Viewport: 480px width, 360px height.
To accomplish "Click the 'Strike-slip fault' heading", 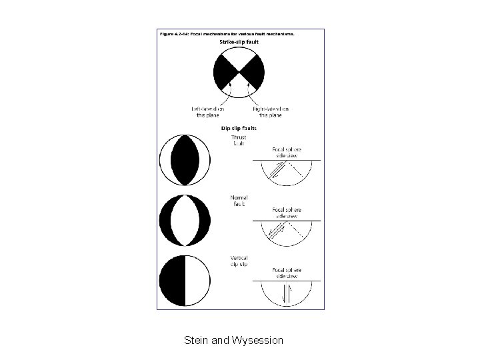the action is pos(239,42).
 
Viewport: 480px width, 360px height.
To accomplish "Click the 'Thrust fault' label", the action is pos(239,140).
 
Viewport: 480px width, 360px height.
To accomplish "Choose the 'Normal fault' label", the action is pos(239,201).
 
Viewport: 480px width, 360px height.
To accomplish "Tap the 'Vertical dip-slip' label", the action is pos(239,261).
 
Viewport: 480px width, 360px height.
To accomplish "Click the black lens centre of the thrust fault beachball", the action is pos(185,160).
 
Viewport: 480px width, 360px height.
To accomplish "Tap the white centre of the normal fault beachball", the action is pos(185,220).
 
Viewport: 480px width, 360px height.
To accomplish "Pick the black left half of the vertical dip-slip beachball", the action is pos(172,280).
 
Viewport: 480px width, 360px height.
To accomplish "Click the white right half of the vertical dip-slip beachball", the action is pos(197,280).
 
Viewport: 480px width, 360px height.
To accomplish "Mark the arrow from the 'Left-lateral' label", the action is pos(229,90).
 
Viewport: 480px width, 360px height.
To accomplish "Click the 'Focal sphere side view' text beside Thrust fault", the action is pos(286,152).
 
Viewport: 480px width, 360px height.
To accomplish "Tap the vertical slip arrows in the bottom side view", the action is pos(286,293).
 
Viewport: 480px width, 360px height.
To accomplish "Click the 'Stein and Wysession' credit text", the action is pos(233,341).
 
